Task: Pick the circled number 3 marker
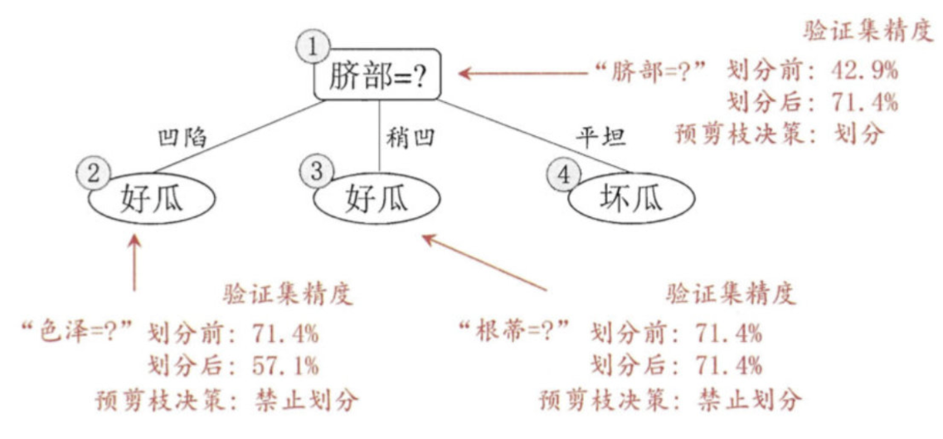click(316, 173)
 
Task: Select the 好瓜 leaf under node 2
click(155, 198)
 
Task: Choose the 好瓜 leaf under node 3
click(378, 199)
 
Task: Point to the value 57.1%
click(284, 366)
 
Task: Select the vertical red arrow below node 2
click(134, 261)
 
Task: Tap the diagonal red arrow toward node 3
click(484, 261)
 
